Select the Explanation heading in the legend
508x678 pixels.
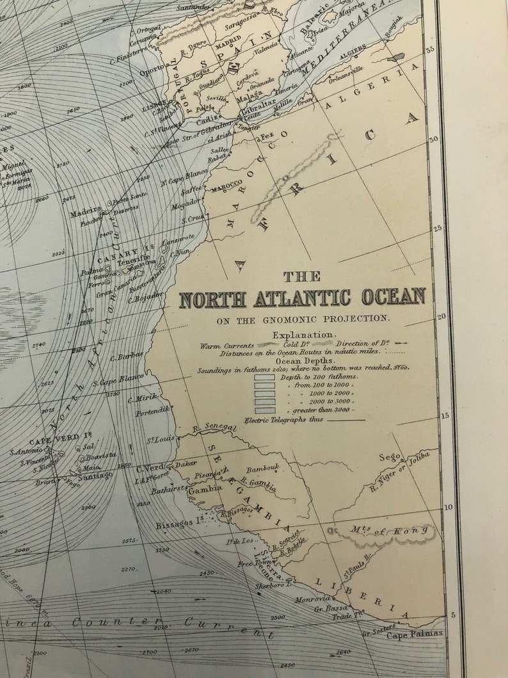point(303,335)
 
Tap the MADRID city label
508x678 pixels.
point(228,47)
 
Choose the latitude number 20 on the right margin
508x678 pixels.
point(441,317)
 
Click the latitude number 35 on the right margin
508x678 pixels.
point(431,49)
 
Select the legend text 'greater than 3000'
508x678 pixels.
point(320,409)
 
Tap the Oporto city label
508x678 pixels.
point(153,72)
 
